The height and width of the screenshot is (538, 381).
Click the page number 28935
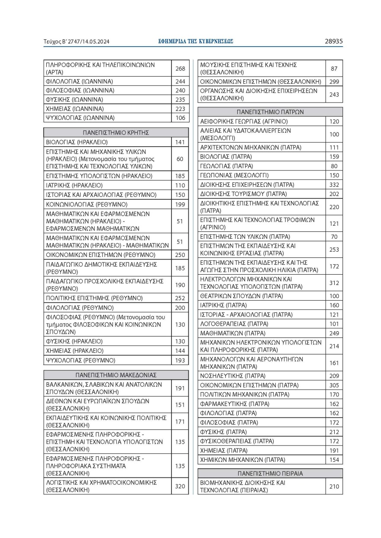coord(333,42)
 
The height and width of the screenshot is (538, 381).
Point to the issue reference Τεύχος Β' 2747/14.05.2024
coord(77,42)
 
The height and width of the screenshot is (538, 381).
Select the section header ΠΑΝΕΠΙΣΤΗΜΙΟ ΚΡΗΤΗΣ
coord(116,132)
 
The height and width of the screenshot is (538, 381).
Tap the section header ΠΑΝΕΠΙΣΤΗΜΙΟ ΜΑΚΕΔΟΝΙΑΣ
coord(116,375)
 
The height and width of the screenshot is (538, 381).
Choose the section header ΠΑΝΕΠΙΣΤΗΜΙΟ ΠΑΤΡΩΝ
coord(270,112)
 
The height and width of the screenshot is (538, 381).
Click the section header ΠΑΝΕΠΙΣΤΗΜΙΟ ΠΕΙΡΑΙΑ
coord(270,473)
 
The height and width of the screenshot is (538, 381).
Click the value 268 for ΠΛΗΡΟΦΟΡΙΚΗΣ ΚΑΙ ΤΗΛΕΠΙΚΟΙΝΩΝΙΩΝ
coord(180,69)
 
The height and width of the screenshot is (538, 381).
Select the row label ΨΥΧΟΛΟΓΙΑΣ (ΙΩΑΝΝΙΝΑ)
coord(80,118)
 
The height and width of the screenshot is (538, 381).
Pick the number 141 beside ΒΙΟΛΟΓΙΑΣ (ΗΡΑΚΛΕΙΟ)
coord(180,142)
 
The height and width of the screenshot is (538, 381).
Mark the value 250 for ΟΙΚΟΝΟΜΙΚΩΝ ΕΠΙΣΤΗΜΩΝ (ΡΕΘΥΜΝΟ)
coord(180,255)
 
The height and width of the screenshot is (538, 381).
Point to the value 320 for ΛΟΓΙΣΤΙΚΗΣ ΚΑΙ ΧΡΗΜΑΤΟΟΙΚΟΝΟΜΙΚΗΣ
coord(180,486)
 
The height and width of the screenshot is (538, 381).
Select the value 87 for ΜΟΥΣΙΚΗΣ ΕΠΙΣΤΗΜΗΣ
coord(334,69)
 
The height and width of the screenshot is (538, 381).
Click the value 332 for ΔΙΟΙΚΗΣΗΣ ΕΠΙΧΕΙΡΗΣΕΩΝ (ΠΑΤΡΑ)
coord(334,185)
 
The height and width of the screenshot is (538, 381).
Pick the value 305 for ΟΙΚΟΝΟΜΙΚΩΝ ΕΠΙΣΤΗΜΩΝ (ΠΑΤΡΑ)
coord(334,385)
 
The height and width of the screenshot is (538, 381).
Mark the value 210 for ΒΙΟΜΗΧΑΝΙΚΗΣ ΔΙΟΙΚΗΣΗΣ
coord(334,486)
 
